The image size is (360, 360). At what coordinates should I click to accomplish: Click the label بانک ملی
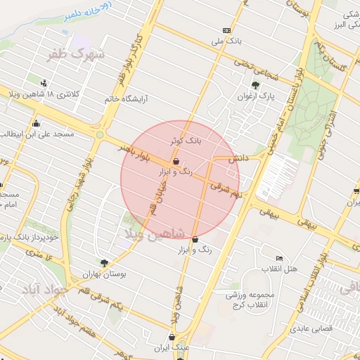point(206,41)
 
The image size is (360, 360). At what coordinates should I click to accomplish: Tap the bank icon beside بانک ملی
point(226,30)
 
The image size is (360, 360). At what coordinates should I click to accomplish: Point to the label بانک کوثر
point(186,141)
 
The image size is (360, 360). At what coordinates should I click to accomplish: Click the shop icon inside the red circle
point(176,162)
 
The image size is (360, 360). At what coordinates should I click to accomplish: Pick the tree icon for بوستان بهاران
point(105,263)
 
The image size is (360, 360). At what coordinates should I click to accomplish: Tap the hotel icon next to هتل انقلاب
point(280,259)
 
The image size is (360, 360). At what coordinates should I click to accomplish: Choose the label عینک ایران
point(190,347)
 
